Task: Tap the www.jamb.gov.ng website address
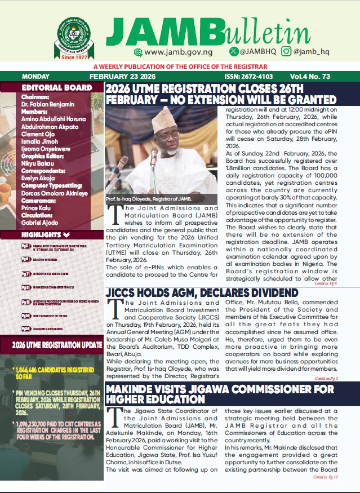[172, 52]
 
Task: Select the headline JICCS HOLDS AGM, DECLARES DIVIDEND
[202, 294]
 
